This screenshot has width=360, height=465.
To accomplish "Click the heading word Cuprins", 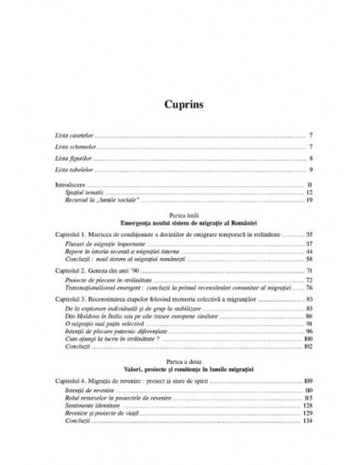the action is point(180,101).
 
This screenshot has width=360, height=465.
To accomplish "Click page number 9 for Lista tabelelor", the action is point(311,172).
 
